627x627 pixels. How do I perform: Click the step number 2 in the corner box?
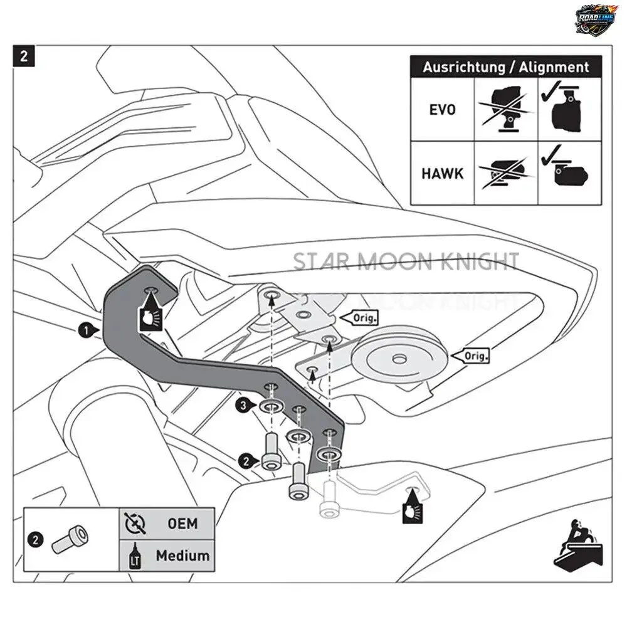pos(24,56)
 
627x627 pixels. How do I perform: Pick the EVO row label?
pos(442,110)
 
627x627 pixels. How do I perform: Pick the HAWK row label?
pos(442,173)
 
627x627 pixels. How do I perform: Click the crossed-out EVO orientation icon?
pos(506,110)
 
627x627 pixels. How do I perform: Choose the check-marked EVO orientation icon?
pos(570,110)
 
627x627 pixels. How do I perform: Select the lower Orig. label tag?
pos(475,356)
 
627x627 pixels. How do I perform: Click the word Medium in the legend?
pos(182,555)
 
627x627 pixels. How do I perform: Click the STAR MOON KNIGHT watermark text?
pos(406,261)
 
